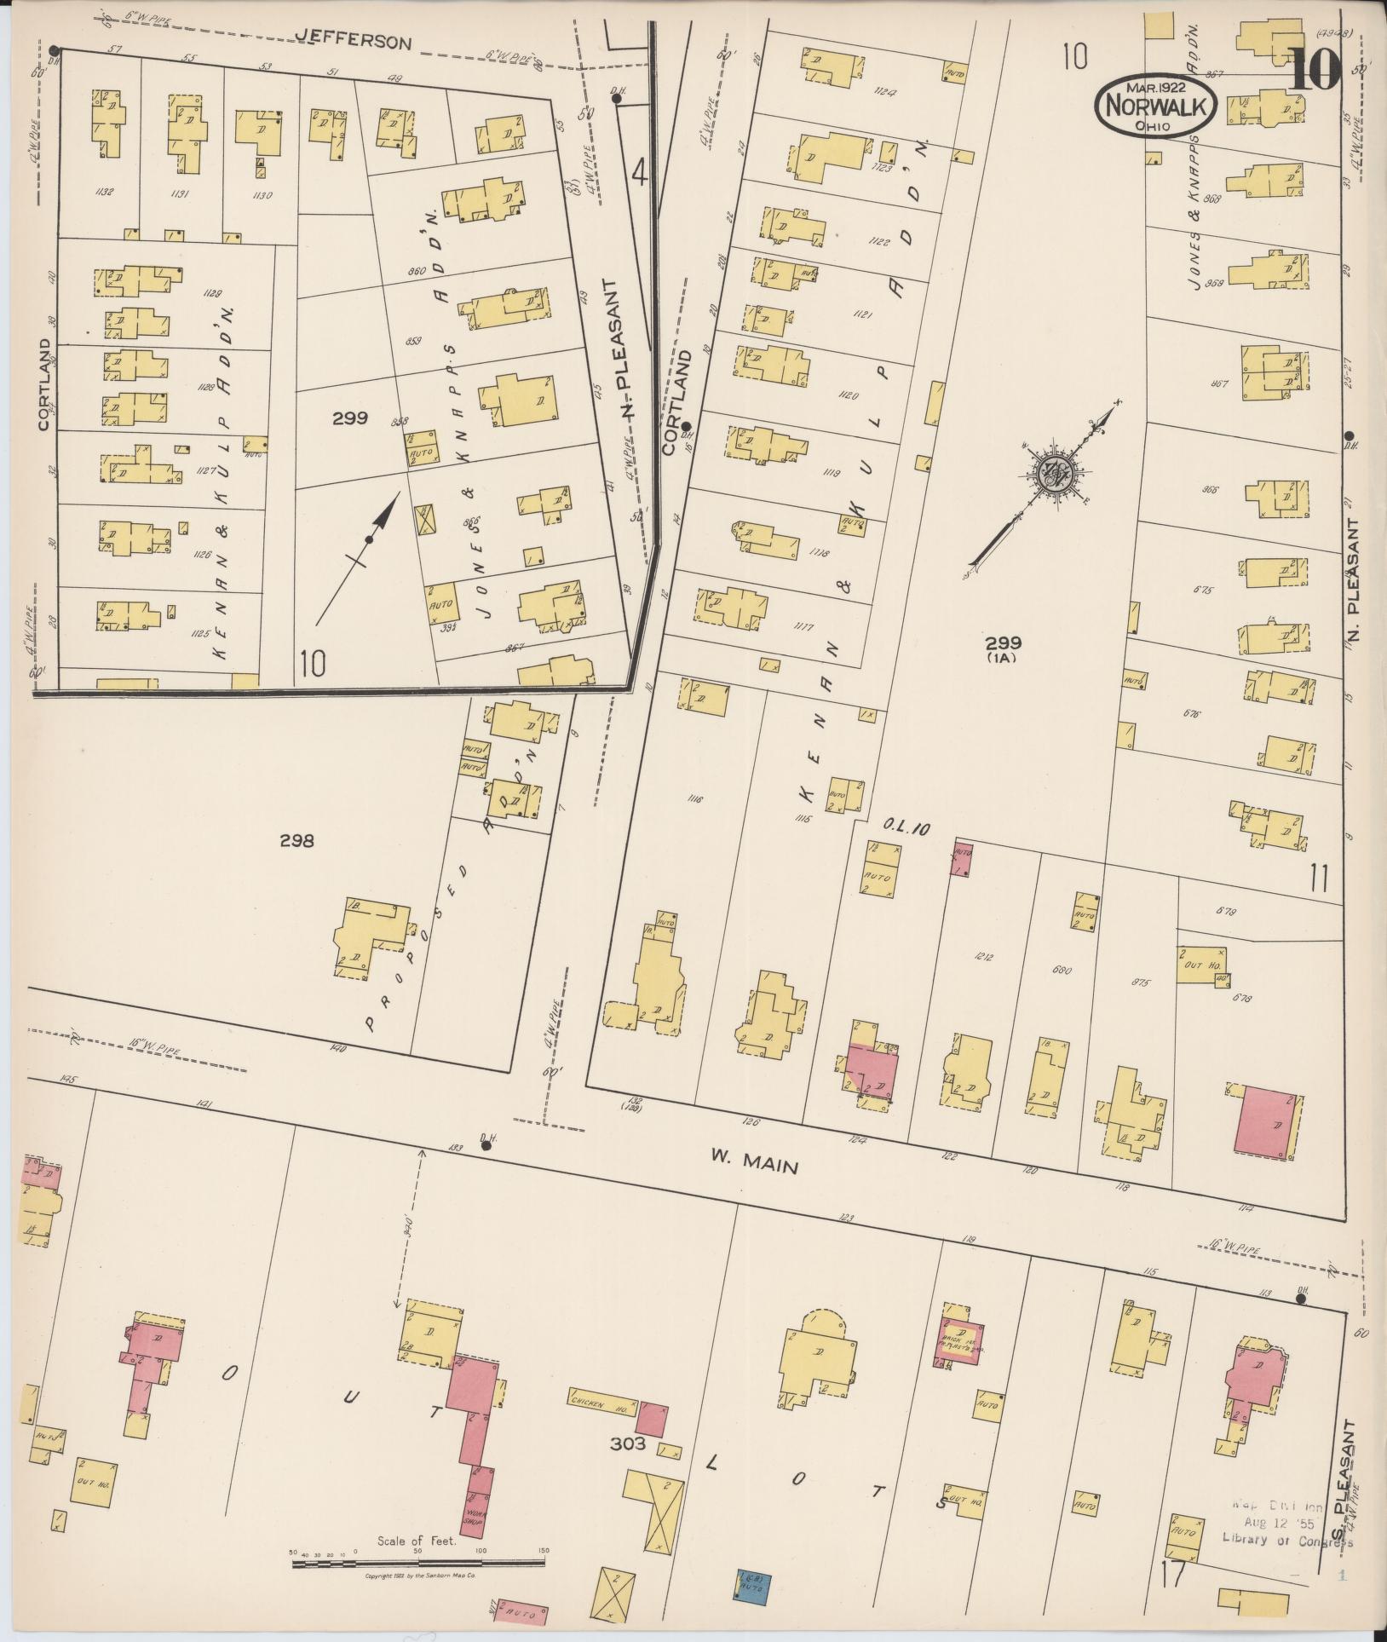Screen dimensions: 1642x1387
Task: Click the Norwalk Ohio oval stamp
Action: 1156,106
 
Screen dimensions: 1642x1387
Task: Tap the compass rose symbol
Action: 1057,474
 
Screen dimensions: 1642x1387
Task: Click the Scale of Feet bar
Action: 417,1563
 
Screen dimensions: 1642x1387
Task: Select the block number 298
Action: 296,841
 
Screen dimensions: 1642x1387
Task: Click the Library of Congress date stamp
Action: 1286,1522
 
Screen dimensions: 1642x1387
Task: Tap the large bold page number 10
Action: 1314,69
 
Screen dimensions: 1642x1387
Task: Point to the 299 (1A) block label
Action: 1003,648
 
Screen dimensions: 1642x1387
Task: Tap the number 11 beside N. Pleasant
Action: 1319,878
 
